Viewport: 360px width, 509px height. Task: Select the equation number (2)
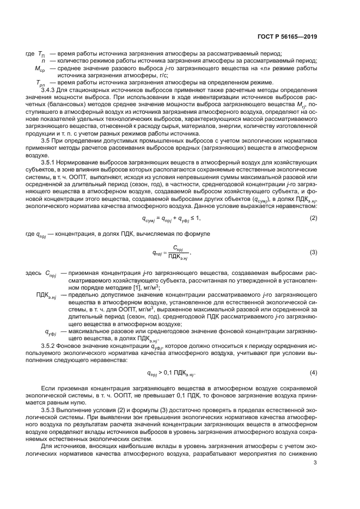[x=314, y=203]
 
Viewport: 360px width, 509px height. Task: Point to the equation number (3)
[x=314, y=237]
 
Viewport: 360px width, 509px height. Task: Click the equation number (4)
[x=314, y=372]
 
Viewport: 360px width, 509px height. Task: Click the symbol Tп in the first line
[x=41, y=53]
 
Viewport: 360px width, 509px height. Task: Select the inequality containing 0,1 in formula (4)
[x=171, y=373]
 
